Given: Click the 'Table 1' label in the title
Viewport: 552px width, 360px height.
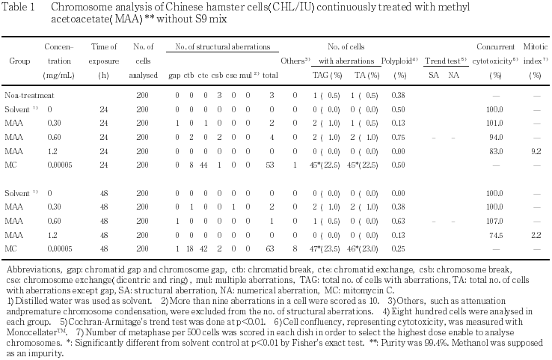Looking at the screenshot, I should point(21,6).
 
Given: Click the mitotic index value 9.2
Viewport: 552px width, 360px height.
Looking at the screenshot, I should point(535,150).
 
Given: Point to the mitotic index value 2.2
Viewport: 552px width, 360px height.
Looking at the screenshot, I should point(535,234).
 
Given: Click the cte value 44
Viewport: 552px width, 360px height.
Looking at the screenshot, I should point(203,163).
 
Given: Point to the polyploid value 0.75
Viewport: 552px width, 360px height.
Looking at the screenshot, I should point(399,136).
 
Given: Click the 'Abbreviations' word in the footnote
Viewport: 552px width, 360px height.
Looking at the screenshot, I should point(28,269).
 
